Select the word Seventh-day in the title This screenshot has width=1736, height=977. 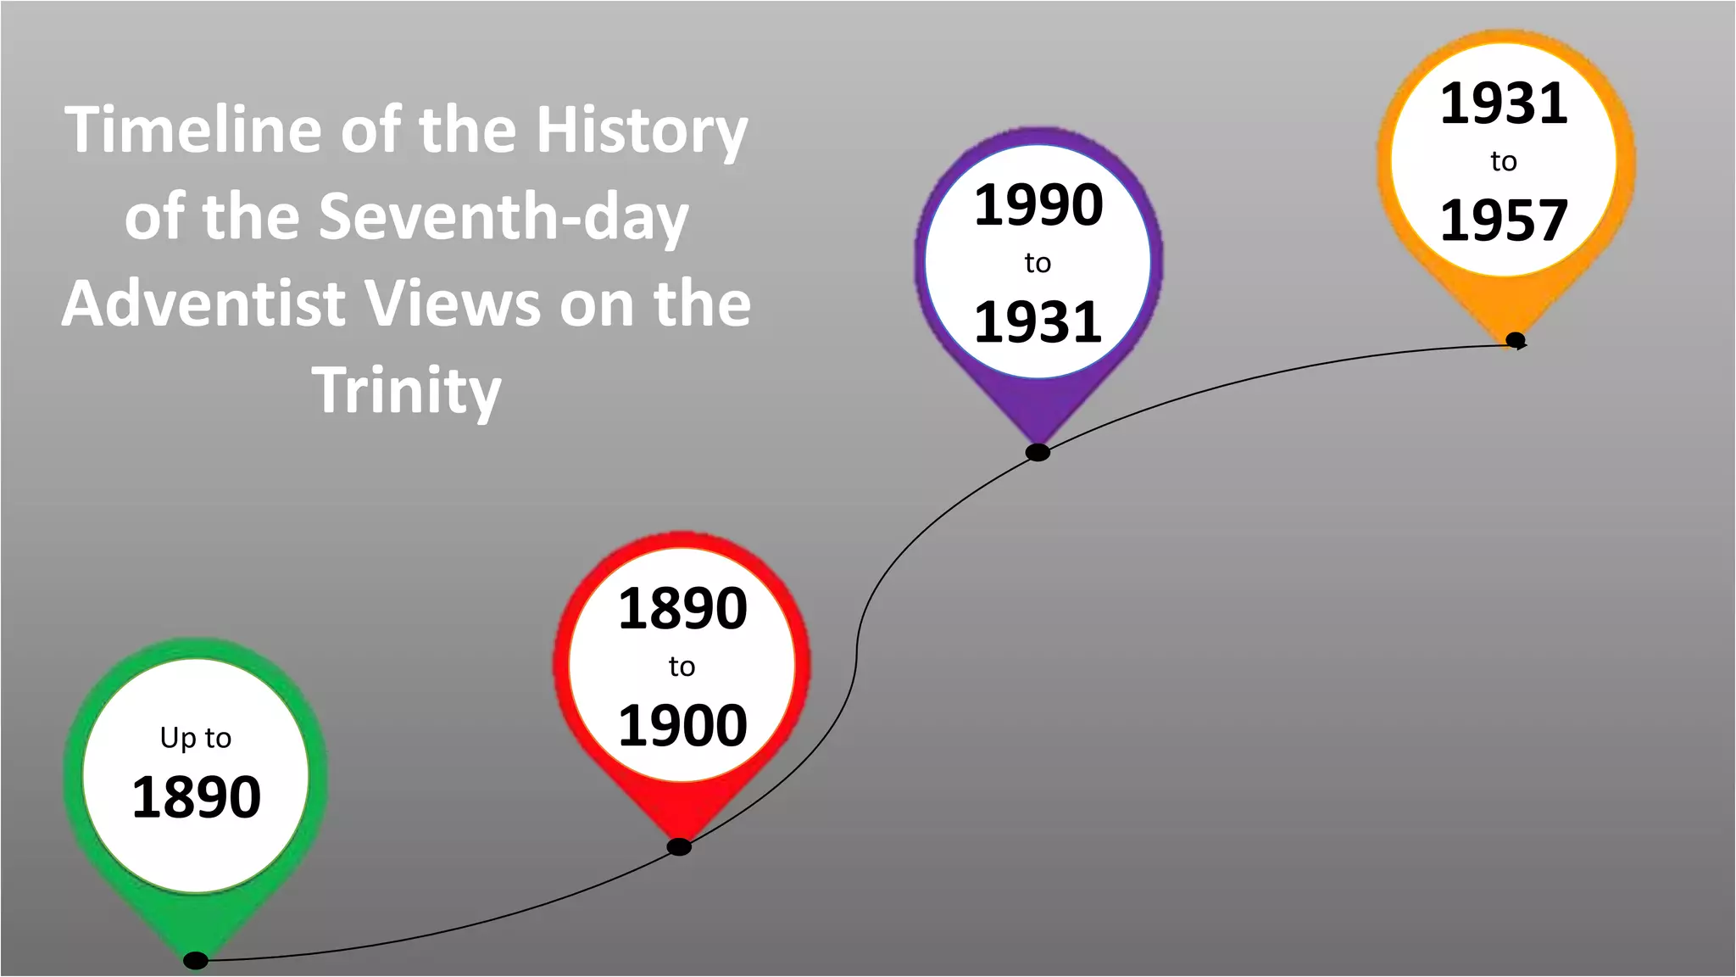click(x=504, y=217)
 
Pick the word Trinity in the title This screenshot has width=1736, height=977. click(x=407, y=391)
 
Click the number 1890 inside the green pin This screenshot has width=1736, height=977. click(x=196, y=797)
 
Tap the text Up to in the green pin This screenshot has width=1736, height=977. click(x=196, y=738)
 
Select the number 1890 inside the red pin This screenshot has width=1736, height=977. click(x=682, y=608)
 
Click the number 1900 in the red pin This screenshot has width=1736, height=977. click(x=682, y=726)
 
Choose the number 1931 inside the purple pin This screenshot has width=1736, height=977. click(x=1038, y=322)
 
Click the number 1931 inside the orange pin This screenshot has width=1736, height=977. click(x=1504, y=103)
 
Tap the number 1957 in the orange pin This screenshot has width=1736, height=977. click(x=1504, y=221)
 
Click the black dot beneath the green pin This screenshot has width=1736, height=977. click(x=196, y=960)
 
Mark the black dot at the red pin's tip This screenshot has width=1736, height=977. click(x=679, y=846)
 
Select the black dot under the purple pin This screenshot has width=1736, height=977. click(x=1038, y=452)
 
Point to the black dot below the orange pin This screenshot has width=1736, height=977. click(x=1516, y=340)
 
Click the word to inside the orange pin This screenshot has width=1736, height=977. click(x=1504, y=161)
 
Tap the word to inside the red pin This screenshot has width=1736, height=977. click(x=682, y=667)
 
